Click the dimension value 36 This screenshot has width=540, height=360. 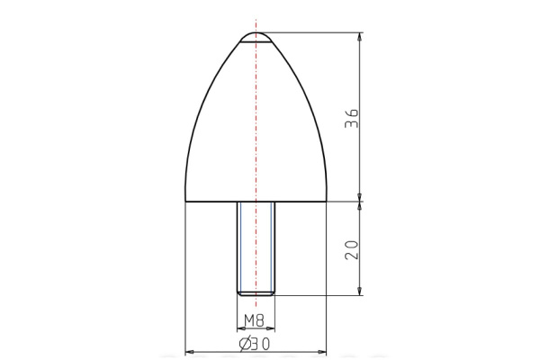point(352,118)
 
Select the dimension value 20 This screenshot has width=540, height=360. point(352,248)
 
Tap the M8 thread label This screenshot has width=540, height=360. point(256,319)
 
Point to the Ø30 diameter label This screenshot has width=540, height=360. point(256,344)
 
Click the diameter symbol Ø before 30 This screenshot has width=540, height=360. point(244,344)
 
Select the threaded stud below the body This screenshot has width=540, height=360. point(256,247)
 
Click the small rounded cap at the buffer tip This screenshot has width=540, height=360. point(256,38)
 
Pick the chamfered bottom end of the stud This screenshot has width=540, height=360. point(256,292)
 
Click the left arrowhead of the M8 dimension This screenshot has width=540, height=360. point(240,328)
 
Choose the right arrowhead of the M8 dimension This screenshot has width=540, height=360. point(271,328)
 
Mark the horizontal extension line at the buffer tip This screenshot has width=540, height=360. point(315,33)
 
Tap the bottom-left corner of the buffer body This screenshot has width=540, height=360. point(184,201)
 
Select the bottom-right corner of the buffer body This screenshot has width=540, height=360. point(326,201)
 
